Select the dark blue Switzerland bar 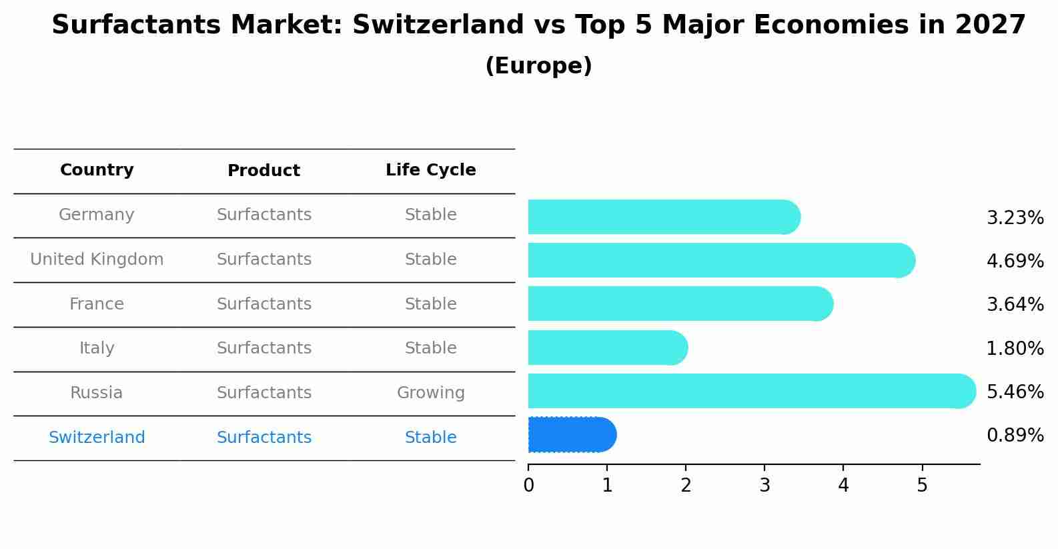pos(571,435)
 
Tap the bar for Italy pos(607,348)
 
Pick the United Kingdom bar pos(720,260)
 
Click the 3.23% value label pos(1015,218)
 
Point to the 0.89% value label pos(1015,436)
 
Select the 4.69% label pos(1015,261)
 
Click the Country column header pos(97,170)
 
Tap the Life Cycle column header pos(430,170)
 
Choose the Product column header pos(263,171)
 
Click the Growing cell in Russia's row pos(430,393)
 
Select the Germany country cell pos(97,215)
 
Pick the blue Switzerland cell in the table pos(97,438)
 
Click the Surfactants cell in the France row pos(263,304)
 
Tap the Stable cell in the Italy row pos(430,348)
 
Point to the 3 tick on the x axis pos(764,486)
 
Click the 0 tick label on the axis pos(528,486)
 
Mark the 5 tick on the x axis pos(922,486)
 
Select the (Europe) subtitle pos(538,66)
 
